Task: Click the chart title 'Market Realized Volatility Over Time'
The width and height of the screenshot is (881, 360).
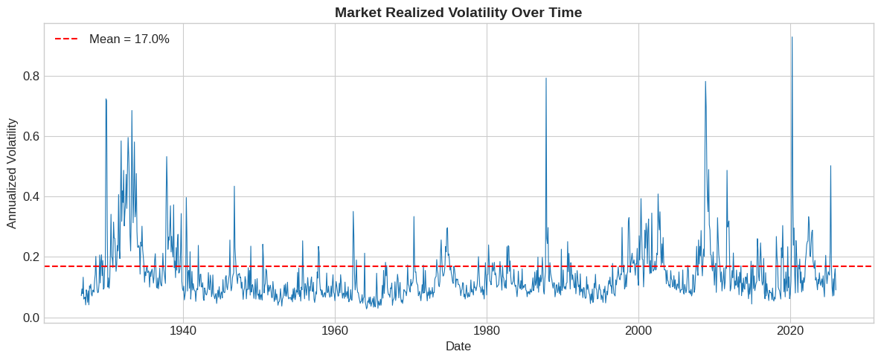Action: tap(458, 12)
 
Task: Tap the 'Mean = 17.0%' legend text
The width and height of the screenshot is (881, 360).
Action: tap(129, 39)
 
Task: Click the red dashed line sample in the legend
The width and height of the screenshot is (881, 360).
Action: tap(66, 39)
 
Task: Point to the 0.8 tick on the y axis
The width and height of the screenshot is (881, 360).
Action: tap(31, 76)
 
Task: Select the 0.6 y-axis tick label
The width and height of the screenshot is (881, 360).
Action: tap(31, 136)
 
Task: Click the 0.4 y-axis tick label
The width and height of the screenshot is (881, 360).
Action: tap(31, 196)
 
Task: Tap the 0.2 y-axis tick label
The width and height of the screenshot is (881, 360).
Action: tap(31, 257)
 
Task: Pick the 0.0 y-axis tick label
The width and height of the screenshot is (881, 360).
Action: tap(31, 318)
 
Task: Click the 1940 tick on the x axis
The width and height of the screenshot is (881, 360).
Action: tap(183, 331)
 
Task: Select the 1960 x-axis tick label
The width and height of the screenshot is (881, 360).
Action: tap(335, 331)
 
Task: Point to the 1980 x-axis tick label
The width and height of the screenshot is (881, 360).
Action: tap(487, 331)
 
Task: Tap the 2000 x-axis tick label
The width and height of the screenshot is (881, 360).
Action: tap(638, 331)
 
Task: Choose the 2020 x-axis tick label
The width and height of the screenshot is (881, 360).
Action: tap(790, 331)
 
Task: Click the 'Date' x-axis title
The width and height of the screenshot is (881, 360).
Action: tap(458, 347)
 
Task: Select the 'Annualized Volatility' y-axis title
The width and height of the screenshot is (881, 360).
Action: tap(12, 173)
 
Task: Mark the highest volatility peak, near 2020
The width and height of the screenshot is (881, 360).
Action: tap(792, 37)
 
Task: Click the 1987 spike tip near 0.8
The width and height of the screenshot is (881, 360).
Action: tap(546, 78)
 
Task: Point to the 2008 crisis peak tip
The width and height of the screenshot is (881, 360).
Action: tap(705, 82)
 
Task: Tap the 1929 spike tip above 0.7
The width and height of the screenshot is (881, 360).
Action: tap(106, 99)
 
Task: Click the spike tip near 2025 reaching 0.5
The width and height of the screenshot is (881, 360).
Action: tap(830, 166)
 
